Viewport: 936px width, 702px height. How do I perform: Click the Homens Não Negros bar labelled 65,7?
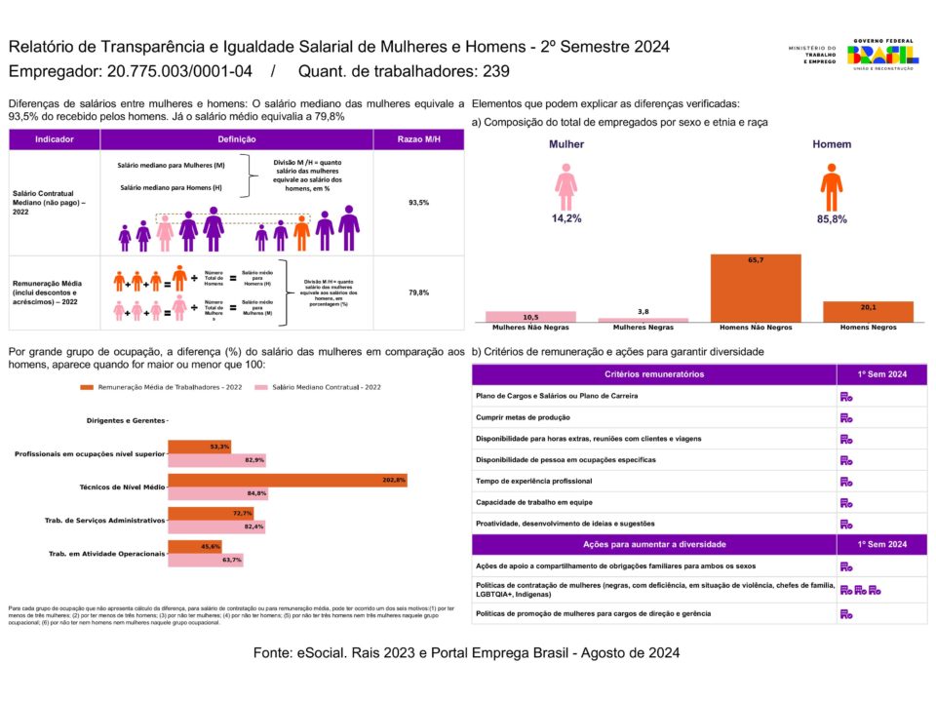[756, 288]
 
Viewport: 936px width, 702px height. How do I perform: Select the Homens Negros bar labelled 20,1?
[868, 311]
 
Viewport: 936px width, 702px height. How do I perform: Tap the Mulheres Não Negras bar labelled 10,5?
[531, 316]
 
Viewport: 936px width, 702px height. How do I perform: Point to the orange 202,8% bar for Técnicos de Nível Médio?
[288, 480]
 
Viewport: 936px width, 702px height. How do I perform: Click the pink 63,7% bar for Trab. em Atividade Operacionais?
[206, 560]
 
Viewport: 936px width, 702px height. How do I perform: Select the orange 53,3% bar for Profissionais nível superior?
[200, 447]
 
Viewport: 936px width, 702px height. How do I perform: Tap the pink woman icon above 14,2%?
[565, 186]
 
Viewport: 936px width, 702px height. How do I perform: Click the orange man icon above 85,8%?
[831, 186]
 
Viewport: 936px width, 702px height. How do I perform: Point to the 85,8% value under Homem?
[831, 219]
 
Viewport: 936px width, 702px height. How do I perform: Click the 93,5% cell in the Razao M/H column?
[417, 203]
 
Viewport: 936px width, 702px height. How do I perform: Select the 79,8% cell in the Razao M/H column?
[417, 292]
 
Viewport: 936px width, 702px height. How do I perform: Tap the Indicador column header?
[54, 139]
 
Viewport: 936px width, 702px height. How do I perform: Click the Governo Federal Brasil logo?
[881, 54]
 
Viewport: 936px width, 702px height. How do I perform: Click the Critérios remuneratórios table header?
[653, 374]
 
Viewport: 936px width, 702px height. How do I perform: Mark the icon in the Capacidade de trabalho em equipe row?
[846, 503]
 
